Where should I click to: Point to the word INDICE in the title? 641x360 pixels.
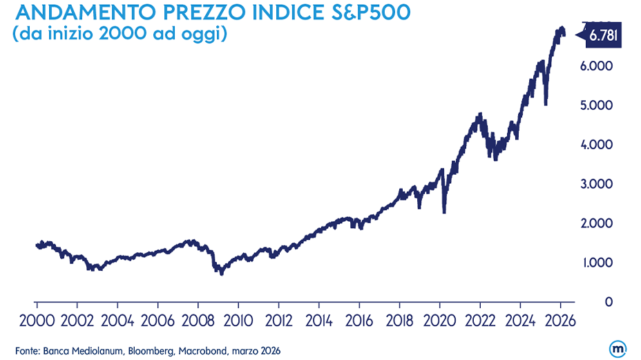coord(287,13)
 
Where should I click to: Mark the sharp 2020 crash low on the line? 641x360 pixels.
coord(443,211)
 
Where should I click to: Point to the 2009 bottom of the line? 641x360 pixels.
coord(221,274)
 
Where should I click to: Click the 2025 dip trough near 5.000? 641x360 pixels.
coord(546,104)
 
